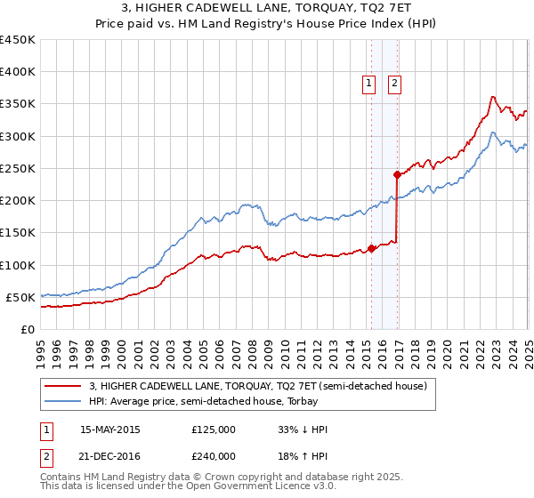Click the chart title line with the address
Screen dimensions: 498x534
coord(267,9)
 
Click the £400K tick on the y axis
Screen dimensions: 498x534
coord(18,72)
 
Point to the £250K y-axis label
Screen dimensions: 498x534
coord(18,168)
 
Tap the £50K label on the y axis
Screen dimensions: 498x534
coord(22,297)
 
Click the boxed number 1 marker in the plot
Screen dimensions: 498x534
coord(368,84)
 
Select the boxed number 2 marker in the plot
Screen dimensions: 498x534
coord(394,84)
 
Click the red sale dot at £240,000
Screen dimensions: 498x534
coord(397,174)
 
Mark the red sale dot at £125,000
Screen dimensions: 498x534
coord(371,248)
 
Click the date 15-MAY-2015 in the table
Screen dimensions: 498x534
coord(110,430)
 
